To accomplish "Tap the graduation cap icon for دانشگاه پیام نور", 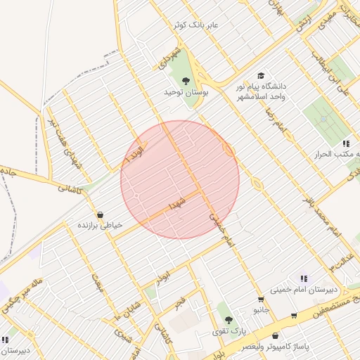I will point(261,75).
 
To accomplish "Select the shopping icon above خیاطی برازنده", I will point(100,214).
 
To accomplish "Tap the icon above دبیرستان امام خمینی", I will point(304,278).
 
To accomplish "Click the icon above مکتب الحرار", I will point(345,143).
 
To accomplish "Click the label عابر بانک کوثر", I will point(197,25).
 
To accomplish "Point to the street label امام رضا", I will point(278,124).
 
